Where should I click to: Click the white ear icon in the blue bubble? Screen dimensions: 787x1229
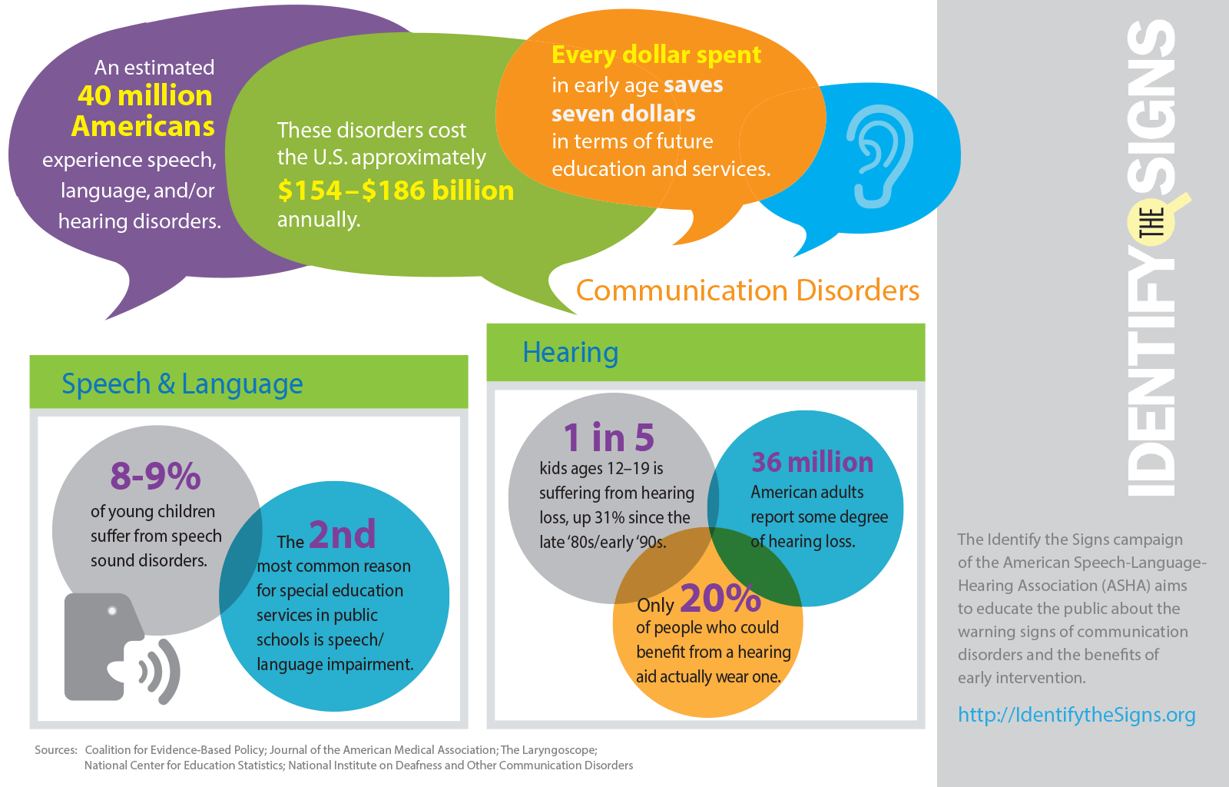point(880,157)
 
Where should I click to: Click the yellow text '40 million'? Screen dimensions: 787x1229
point(144,95)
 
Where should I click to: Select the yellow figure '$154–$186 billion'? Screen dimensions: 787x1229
point(396,190)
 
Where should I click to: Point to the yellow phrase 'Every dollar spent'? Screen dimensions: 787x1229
point(656,55)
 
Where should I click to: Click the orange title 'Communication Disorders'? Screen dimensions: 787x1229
point(747,291)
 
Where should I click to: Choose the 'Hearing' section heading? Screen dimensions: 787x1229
point(570,353)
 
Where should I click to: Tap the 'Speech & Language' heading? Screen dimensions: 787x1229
point(182,384)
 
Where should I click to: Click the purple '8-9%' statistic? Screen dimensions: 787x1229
point(155,476)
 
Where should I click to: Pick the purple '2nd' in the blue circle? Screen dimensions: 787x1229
point(342,534)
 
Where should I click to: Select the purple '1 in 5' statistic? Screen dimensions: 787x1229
point(608,437)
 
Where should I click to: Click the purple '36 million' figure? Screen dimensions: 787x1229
point(812,462)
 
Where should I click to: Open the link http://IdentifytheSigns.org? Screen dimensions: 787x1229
point(1076,715)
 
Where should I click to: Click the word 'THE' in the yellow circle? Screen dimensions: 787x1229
point(1151,223)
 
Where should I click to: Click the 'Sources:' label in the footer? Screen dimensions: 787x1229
point(56,750)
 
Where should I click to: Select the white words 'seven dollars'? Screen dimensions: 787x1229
point(623,114)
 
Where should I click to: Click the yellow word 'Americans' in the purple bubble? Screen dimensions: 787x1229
point(143,126)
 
